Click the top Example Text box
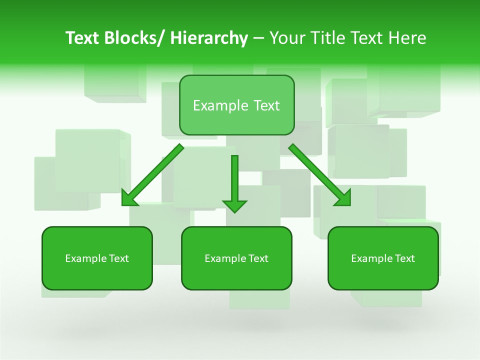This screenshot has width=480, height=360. click(x=236, y=105)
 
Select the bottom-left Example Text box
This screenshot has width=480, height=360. click(x=97, y=258)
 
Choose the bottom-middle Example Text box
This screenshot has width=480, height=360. click(x=236, y=258)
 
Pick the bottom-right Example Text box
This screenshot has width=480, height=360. click(x=383, y=258)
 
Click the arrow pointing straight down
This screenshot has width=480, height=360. click(x=234, y=180)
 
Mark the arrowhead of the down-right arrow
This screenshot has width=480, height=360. click(x=343, y=198)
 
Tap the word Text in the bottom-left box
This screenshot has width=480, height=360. click(x=119, y=258)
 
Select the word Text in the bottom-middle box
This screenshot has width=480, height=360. click(x=258, y=258)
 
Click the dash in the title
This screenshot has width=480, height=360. click(x=258, y=38)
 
